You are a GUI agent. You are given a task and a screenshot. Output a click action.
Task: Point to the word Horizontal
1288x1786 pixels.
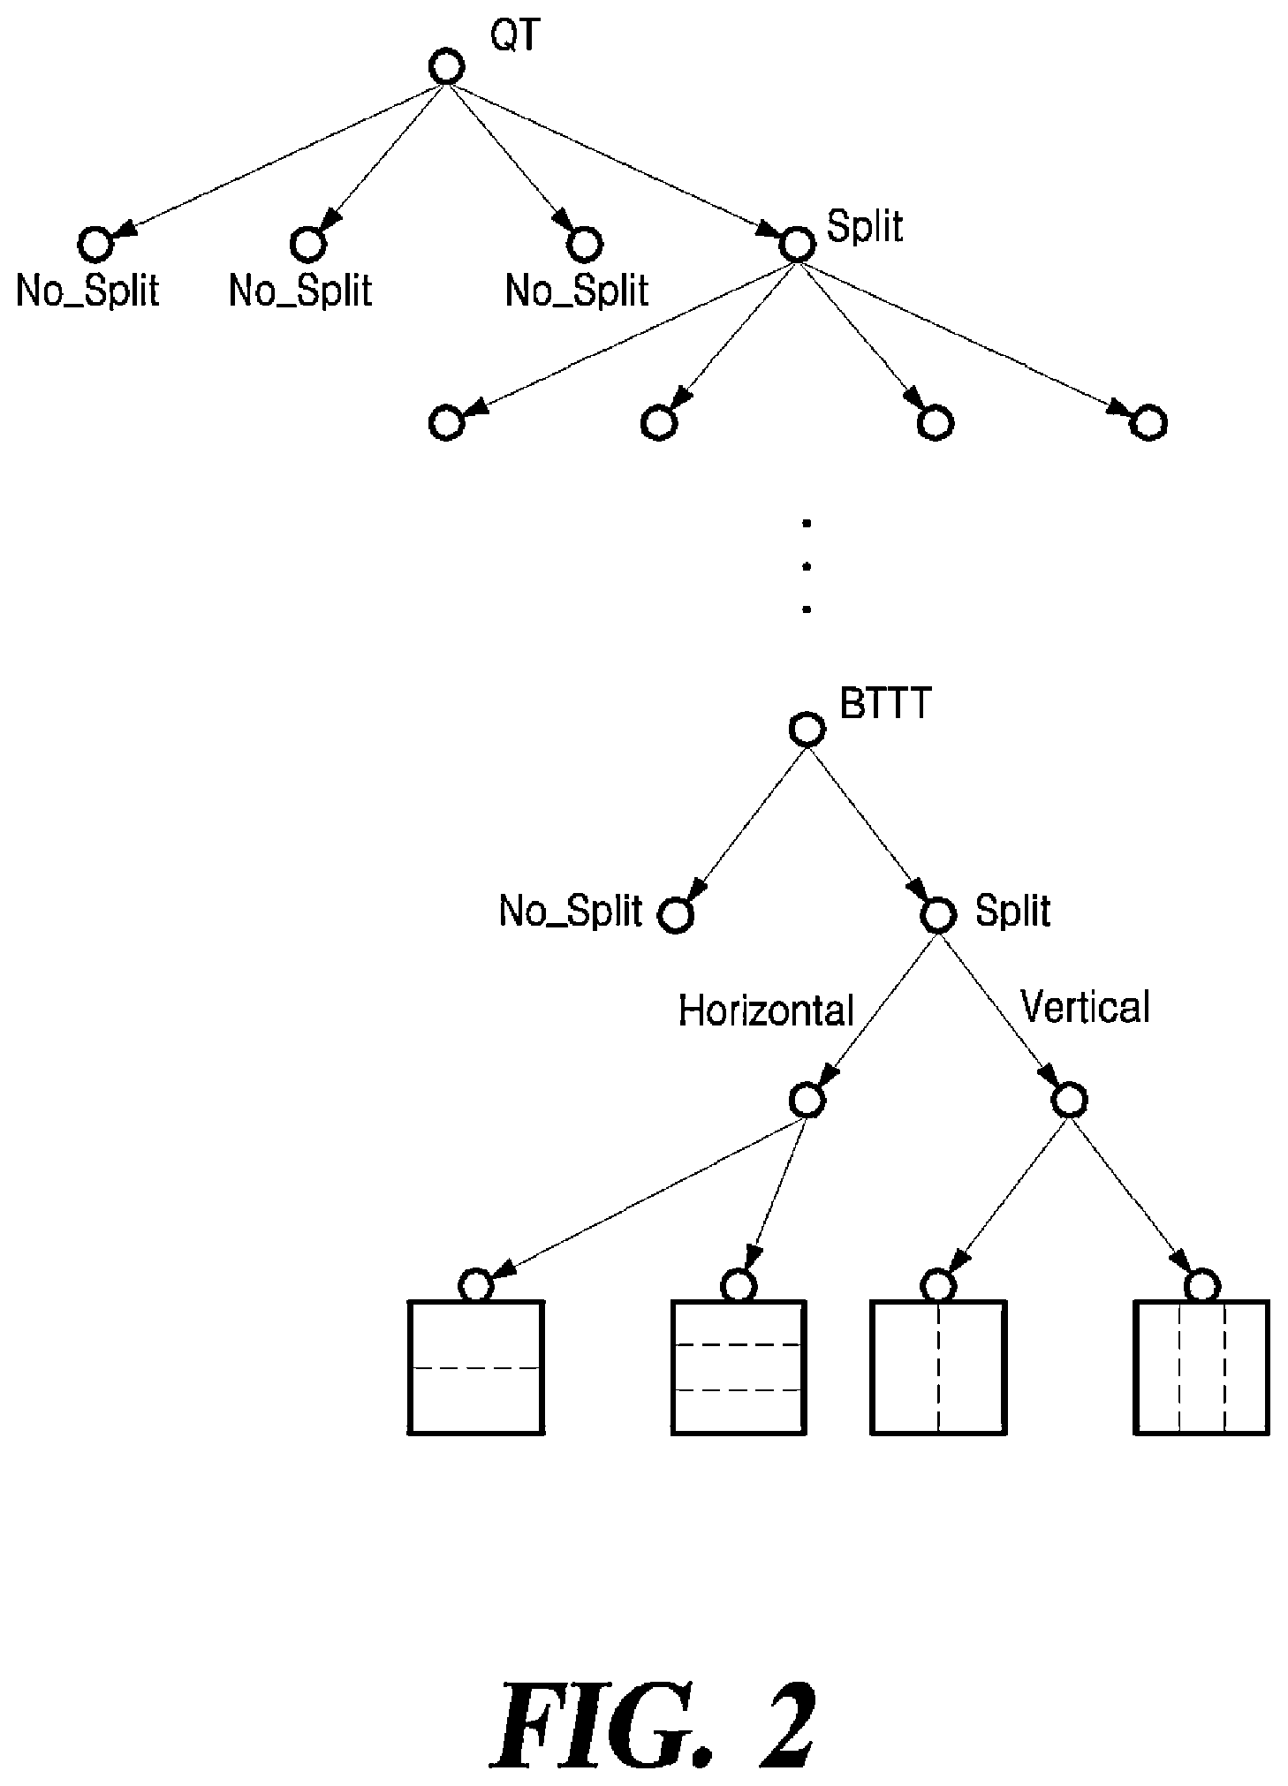click(766, 1010)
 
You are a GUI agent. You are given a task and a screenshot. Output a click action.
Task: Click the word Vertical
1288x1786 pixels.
click(1085, 1006)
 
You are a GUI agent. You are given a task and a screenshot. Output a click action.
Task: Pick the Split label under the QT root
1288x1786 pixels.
click(864, 227)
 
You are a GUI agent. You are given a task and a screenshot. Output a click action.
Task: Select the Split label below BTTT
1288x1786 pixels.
click(1012, 911)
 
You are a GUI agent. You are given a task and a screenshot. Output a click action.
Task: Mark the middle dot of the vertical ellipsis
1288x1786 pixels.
click(806, 566)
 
